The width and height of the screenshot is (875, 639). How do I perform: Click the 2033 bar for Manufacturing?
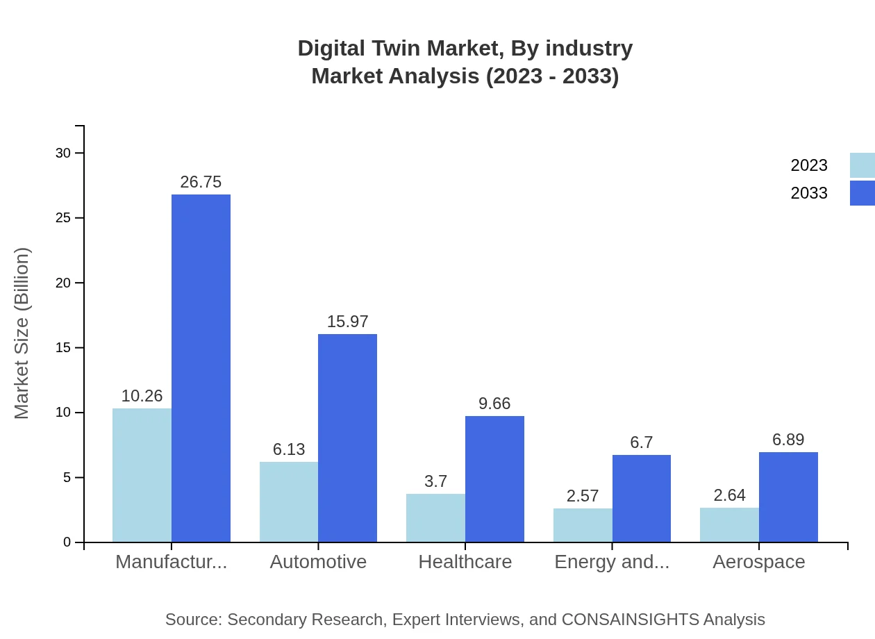[x=201, y=368]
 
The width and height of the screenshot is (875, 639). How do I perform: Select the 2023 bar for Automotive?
[x=289, y=501]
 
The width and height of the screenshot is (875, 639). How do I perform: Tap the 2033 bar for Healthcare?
[x=494, y=479]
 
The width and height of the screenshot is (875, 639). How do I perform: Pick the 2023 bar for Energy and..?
[x=583, y=525]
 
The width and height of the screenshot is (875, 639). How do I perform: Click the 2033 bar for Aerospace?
[x=788, y=497]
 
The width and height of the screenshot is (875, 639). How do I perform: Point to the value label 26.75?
[x=201, y=182]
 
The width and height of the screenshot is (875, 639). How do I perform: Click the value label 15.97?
[x=347, y=322]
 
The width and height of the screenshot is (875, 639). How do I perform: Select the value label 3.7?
[x=435, y=481]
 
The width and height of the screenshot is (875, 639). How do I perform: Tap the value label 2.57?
[x=583, y=496]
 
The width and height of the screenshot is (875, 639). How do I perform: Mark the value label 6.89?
[x=788, y=440]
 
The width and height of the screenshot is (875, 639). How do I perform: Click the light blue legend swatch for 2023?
[x=862, y=165]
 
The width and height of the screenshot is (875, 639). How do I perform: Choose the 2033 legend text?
[x=809, y=193]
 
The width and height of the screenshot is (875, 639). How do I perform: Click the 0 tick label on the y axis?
[x=67, y=542]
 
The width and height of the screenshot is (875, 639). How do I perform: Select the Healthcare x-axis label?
[x=465, y=562]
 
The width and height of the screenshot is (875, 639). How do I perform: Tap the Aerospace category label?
[x=758, y=562]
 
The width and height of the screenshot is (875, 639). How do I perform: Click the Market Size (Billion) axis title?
[x=22, y=333]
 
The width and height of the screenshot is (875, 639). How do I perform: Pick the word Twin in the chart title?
[x=396, y=49]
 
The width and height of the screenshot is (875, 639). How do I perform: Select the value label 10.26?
[x=142, y=396]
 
